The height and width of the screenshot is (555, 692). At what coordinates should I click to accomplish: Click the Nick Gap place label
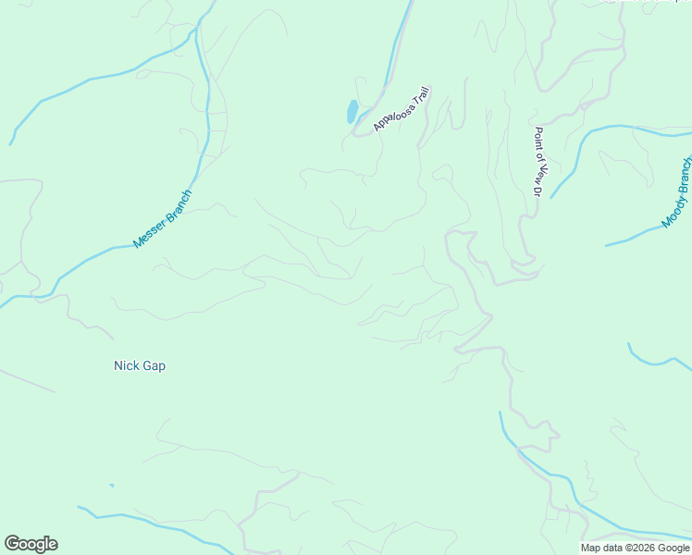click(140, 365)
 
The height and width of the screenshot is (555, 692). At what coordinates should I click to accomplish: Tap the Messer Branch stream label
click(162, 219)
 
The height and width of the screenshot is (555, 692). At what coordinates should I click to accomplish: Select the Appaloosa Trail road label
click(402, 110)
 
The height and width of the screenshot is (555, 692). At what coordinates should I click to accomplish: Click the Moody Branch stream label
click(677, 192)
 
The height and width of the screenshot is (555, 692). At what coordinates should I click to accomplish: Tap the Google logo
click(31, 544)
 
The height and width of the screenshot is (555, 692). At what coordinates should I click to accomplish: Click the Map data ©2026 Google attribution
click(636, 548)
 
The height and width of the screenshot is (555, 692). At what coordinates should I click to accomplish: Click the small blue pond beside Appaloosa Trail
click(352, 111)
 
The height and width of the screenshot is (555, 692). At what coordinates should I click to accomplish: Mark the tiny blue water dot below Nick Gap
click(112, 485)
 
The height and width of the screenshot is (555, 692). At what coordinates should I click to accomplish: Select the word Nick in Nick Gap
click(126, 365)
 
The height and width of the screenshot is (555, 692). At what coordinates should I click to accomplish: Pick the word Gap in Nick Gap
click(154, 365)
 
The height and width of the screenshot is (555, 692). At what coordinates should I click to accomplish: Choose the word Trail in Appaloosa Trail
click(422, 97)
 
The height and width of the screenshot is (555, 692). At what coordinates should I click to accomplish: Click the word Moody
click(672, 213)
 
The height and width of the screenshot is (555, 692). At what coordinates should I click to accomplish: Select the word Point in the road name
click(537, 140)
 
